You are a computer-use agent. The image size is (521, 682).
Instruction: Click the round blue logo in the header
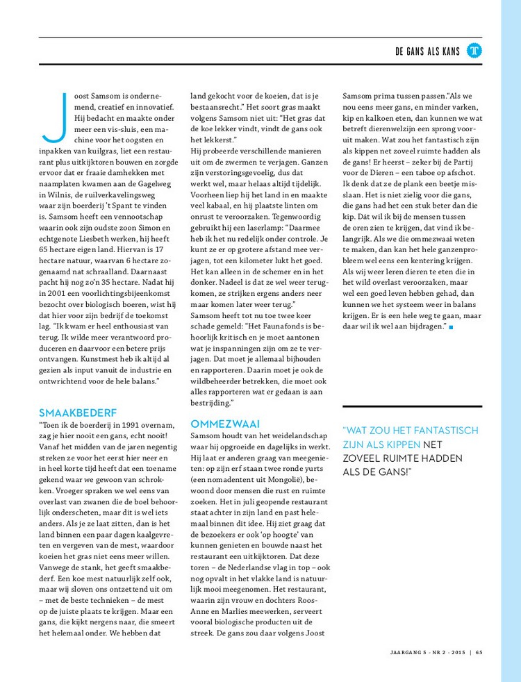474,51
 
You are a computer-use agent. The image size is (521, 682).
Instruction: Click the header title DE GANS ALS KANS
427,51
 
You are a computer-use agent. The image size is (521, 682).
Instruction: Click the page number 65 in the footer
479,651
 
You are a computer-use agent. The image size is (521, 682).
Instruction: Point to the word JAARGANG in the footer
405,651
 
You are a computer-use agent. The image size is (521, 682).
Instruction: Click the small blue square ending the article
451,326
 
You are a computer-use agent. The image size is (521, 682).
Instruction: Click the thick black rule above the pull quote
412,406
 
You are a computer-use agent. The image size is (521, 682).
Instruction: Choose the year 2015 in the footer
458,651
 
